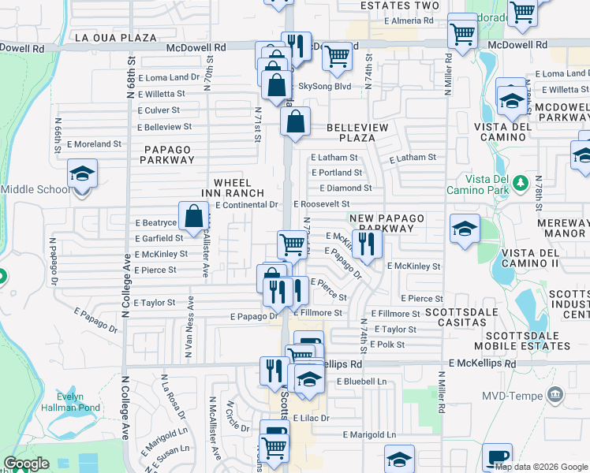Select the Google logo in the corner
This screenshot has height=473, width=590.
(26, 464)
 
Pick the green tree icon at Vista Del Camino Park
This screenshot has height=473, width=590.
(520, 183)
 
